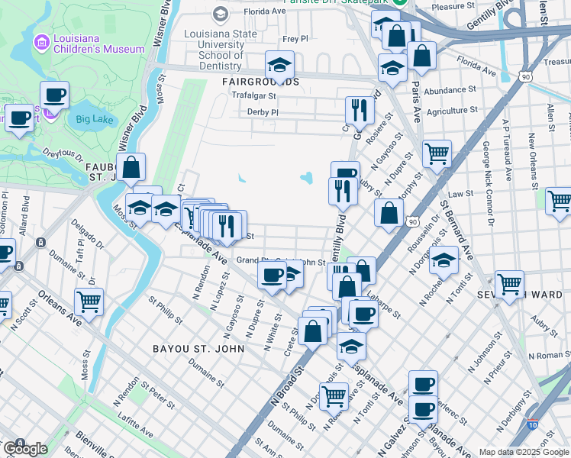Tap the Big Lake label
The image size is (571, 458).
tap(94, 118)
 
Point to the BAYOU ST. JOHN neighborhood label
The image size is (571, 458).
tap(198, 349)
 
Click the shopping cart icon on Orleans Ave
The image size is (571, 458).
tap(89, 302)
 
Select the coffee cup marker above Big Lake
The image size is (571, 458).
tap(54, 96)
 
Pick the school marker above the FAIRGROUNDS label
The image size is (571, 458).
tap(279, 66)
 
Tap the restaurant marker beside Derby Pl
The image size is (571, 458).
tap(358, 111)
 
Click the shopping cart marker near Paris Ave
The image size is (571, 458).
tap(437, 154)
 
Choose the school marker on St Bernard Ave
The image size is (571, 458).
tap(444, 261)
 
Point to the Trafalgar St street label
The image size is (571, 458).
tap(255, 96)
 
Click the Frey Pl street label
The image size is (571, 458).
tap(295, 38)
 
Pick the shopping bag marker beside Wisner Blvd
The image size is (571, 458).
tap(131, 167)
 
